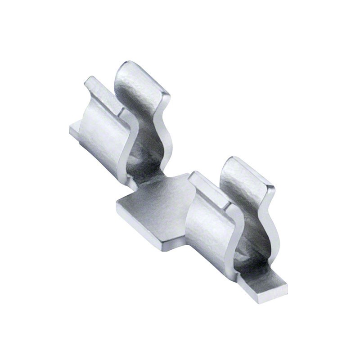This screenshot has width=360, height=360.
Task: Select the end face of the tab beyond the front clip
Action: point(270,295)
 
